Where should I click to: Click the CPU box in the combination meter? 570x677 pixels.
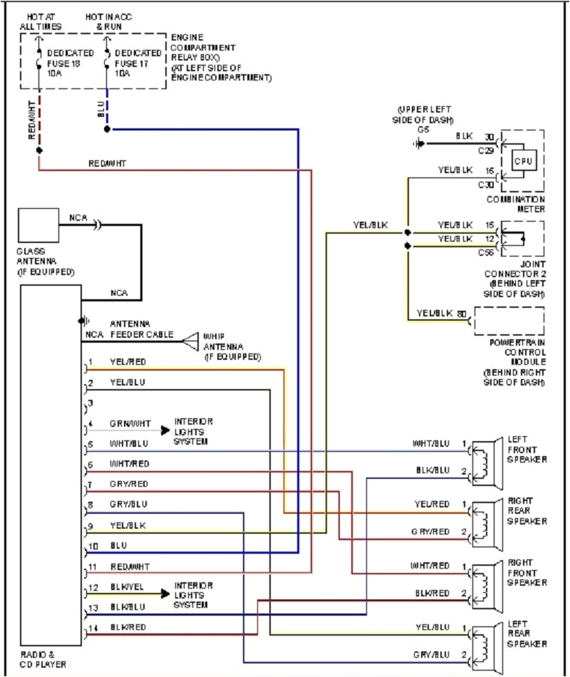click(x=524, y=161)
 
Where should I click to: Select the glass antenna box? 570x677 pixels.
click(x=38, y=225)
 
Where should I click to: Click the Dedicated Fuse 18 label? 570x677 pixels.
click(x=69, y=63)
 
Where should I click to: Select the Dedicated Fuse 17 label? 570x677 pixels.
click(x=138, y=63)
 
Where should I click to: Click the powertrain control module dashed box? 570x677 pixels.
click(x=509, y=321)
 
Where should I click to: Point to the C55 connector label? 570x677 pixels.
click(x=486, y=252)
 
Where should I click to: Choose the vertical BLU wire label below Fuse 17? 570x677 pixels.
click(x=100, y=108)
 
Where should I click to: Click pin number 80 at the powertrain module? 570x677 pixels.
click(x=462, y=313)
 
